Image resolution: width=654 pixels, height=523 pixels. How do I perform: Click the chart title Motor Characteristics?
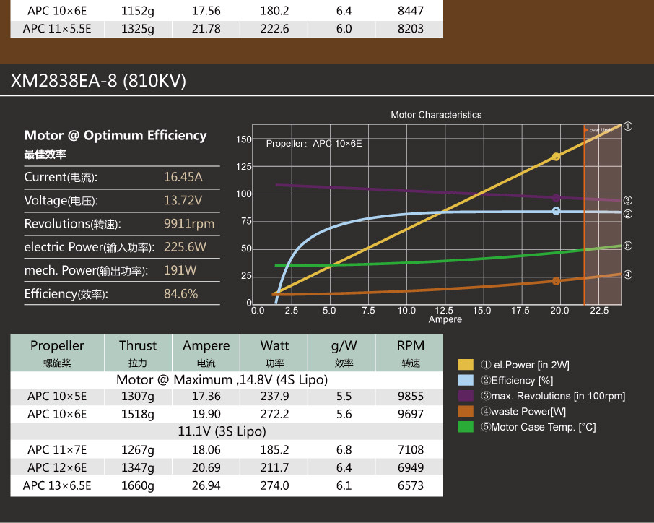(x=435, y=115)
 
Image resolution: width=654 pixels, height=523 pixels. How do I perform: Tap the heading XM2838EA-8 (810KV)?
(x=98, y=82)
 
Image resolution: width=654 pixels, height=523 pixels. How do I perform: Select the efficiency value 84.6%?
(x=181, y=294)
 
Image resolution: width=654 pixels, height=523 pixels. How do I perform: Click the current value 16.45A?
(x=183, y=177)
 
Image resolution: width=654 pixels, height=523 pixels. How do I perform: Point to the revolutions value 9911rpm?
(x=189, y=224)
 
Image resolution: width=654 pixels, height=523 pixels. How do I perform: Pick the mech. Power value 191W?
(x=180, y=270)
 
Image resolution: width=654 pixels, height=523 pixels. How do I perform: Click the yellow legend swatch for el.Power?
(x=466, y=365)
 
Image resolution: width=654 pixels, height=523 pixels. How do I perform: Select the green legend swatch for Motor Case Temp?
(x=466, y=426)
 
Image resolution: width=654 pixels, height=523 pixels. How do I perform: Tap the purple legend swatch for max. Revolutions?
(x=466, y=396)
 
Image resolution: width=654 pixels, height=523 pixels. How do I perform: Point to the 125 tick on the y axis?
(x=244, y=167)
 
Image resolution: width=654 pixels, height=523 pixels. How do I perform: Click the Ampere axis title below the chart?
(x=445, y=319)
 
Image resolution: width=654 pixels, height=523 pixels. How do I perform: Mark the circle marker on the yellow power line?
(x=556, y=157)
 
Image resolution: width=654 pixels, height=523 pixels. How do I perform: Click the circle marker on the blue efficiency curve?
(x=556, y=211)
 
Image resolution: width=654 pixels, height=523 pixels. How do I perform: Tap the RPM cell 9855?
(x=410, y=397)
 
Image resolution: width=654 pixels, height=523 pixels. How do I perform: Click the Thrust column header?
(x=137, y=346)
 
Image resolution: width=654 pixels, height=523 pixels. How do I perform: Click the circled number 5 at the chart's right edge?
(x=627, y=246)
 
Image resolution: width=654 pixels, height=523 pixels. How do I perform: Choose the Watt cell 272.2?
(x=274, y=414)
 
